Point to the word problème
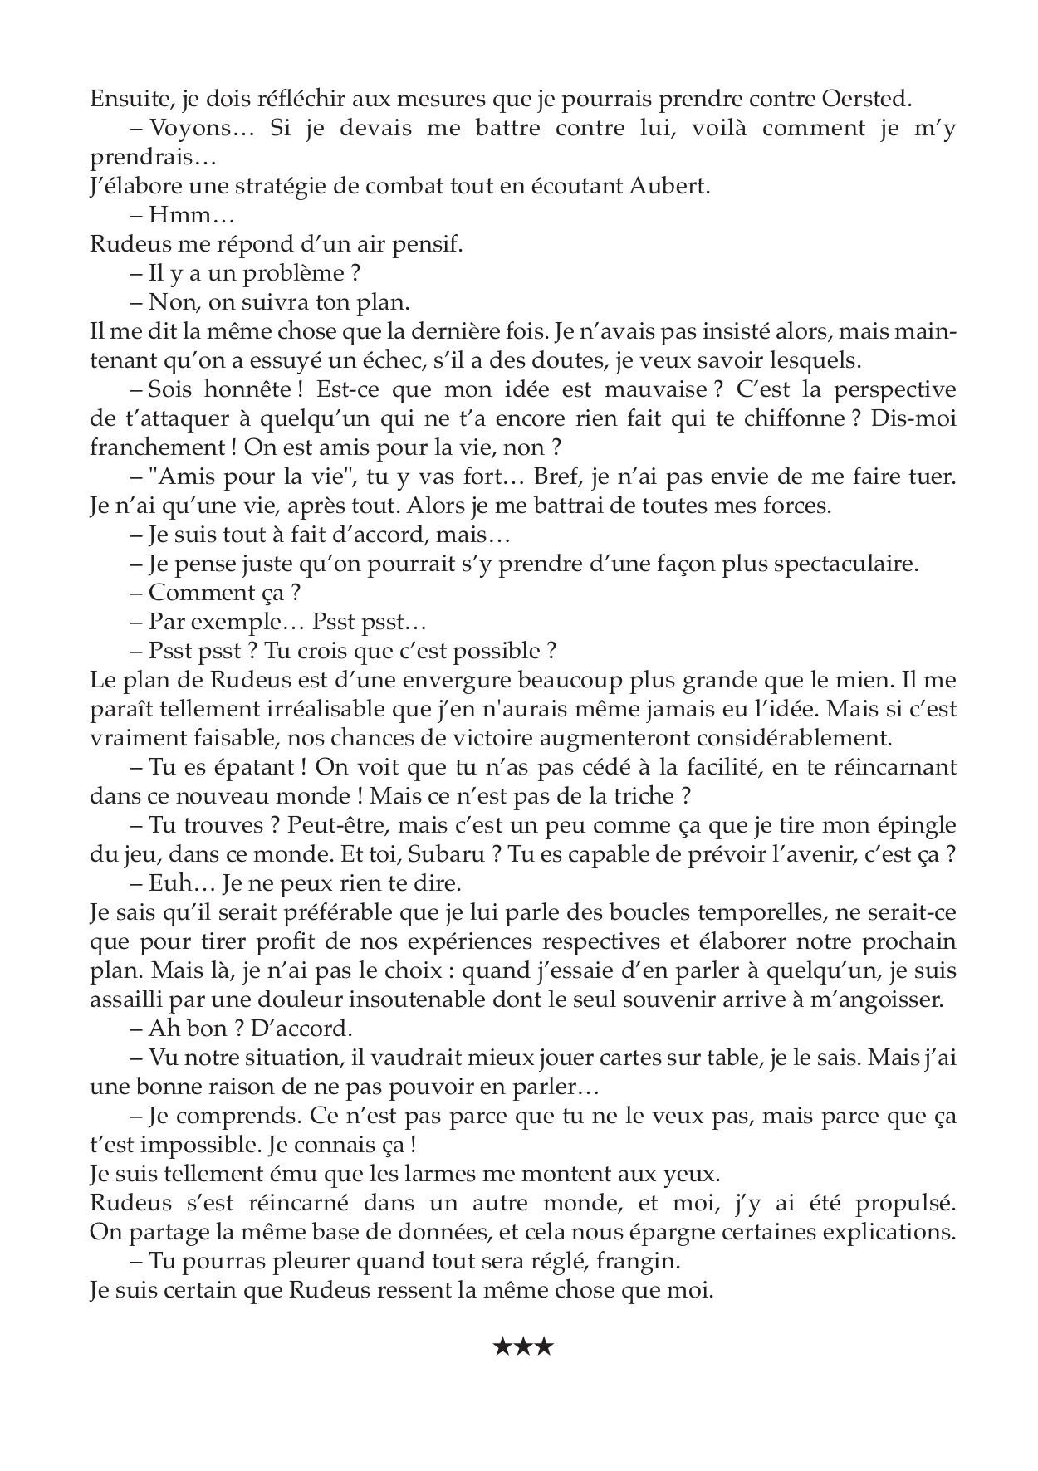(293, 273)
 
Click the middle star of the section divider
(522, 1346)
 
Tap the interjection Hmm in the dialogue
(175, 216)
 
